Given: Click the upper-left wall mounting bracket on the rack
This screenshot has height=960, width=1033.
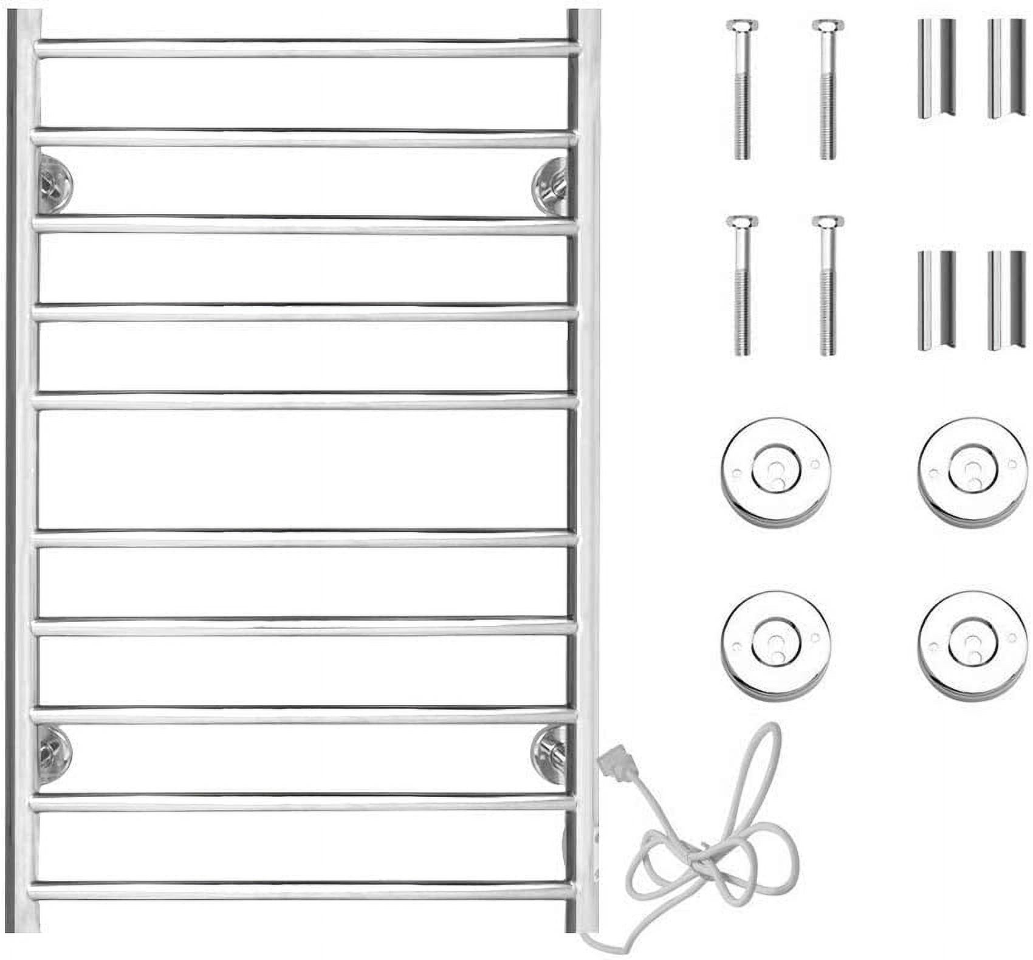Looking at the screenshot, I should pyautogui.click(x=54, y=183).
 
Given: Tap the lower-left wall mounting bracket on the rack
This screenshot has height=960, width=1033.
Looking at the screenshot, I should pyautogui.click(x=53, y=756).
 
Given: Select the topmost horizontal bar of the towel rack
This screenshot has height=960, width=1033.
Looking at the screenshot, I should pyautogui.click(x=304, y=49).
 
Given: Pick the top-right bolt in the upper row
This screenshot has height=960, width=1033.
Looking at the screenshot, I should pyautogui.click(x=828, y=90).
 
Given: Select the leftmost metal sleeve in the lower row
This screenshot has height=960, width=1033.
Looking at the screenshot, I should pyautogui.click(x=936, y=300).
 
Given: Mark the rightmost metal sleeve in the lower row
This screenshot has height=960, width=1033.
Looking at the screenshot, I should pyautogui.click(x=1006, y=300).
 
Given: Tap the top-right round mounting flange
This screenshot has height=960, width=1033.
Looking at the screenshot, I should pyautogui.click(x=972, y=471).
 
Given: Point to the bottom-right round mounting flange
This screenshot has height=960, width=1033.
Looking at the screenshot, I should pyautogui.click(x=972, y=644).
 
